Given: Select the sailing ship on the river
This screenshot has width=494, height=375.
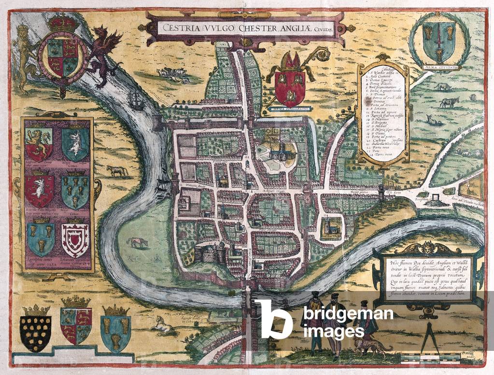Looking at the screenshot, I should click(137, 100).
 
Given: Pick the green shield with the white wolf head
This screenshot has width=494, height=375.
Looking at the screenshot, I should click(75, 145).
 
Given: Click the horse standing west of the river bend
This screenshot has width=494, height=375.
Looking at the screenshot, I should click(117, 171).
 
